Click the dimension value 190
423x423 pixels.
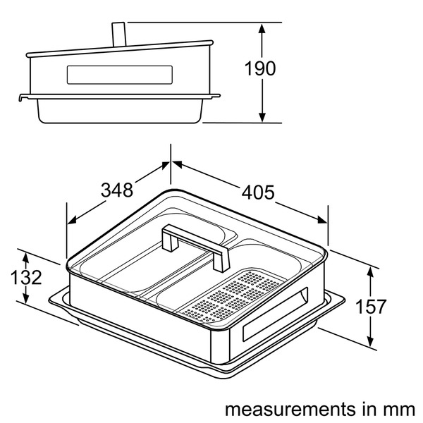[260, 68]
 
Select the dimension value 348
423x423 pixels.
[117, 190]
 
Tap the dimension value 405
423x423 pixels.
[258, 192]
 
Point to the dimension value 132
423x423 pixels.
[26, 277]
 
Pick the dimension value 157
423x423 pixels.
[371, 307]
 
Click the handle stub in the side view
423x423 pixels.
[118, 35]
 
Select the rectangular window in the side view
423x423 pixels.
[120, 75]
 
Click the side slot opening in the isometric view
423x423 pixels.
[275, 314]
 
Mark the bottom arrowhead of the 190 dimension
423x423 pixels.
[262, 117]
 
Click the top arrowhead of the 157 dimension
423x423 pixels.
[370, 271]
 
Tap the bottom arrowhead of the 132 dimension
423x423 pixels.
[25, 299]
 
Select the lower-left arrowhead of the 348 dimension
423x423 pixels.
[72, 220]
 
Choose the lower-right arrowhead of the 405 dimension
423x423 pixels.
[322, 220]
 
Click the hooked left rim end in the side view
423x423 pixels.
[20, 98]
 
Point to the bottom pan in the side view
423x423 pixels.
[120, 111]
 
